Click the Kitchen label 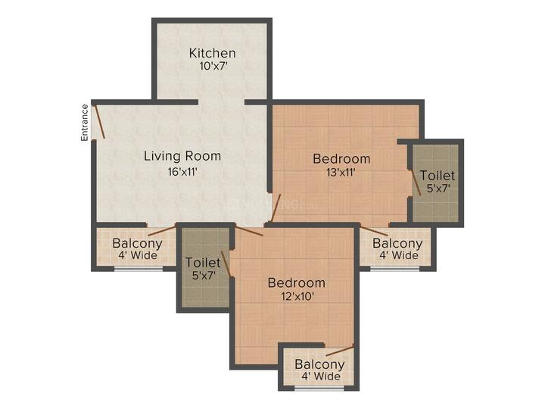212,53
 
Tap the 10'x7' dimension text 212,67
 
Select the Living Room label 182,156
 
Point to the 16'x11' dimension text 182,171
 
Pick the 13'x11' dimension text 341,173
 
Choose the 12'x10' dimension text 296,296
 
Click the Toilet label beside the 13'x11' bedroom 437,174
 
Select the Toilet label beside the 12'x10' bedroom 203,262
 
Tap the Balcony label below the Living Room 137,243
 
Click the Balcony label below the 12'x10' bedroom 319,364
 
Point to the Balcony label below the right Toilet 397,243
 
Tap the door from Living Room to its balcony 162,230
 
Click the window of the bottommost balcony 318,389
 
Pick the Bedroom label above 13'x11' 341,158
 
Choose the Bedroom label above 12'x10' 296,283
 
